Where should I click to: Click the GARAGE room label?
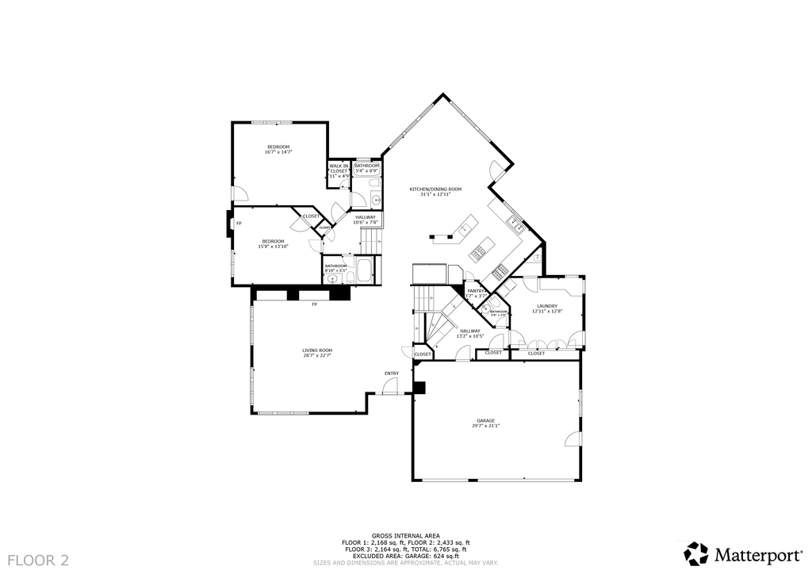(486, 420)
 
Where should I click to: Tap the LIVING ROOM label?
(317, 350)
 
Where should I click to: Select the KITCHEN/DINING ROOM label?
(435, 189)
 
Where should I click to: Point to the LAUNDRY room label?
(547, 305)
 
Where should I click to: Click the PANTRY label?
(476, 291)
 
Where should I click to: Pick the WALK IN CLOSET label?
(339, 168)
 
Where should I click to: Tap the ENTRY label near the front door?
(392, 373)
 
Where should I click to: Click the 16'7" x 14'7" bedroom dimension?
(278, 152)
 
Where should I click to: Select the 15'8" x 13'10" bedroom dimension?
(273, 247)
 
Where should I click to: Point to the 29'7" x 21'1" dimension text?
(486, 426)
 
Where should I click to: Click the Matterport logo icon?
(696, 553)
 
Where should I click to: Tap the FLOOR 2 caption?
(39, 561)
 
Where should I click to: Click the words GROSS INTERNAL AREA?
(405, 536)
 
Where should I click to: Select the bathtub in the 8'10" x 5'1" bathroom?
(364, 270)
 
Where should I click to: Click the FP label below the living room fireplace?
(314, 304)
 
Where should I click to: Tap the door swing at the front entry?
(389, 386)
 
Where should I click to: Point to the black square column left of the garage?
(419, 388)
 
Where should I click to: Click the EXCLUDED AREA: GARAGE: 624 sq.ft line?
(405, 556)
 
